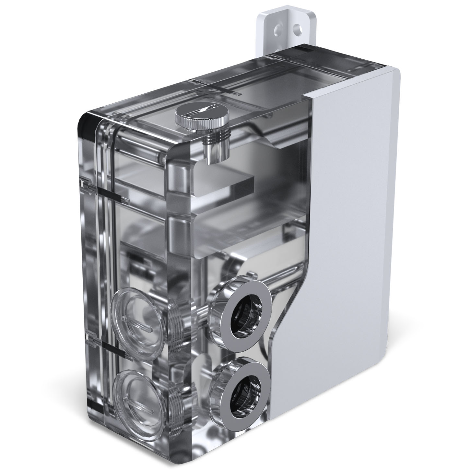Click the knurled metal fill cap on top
202,118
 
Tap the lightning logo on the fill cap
202,114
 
